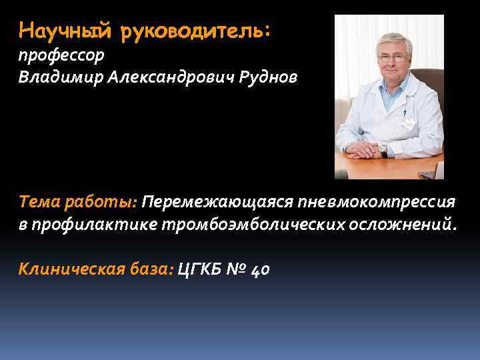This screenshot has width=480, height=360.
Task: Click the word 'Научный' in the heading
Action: point(58,30)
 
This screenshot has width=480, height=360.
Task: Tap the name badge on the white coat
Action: point(408,122)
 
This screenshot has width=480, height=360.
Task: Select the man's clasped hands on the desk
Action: point(367,149)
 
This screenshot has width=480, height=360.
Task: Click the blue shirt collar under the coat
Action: point(393,90)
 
